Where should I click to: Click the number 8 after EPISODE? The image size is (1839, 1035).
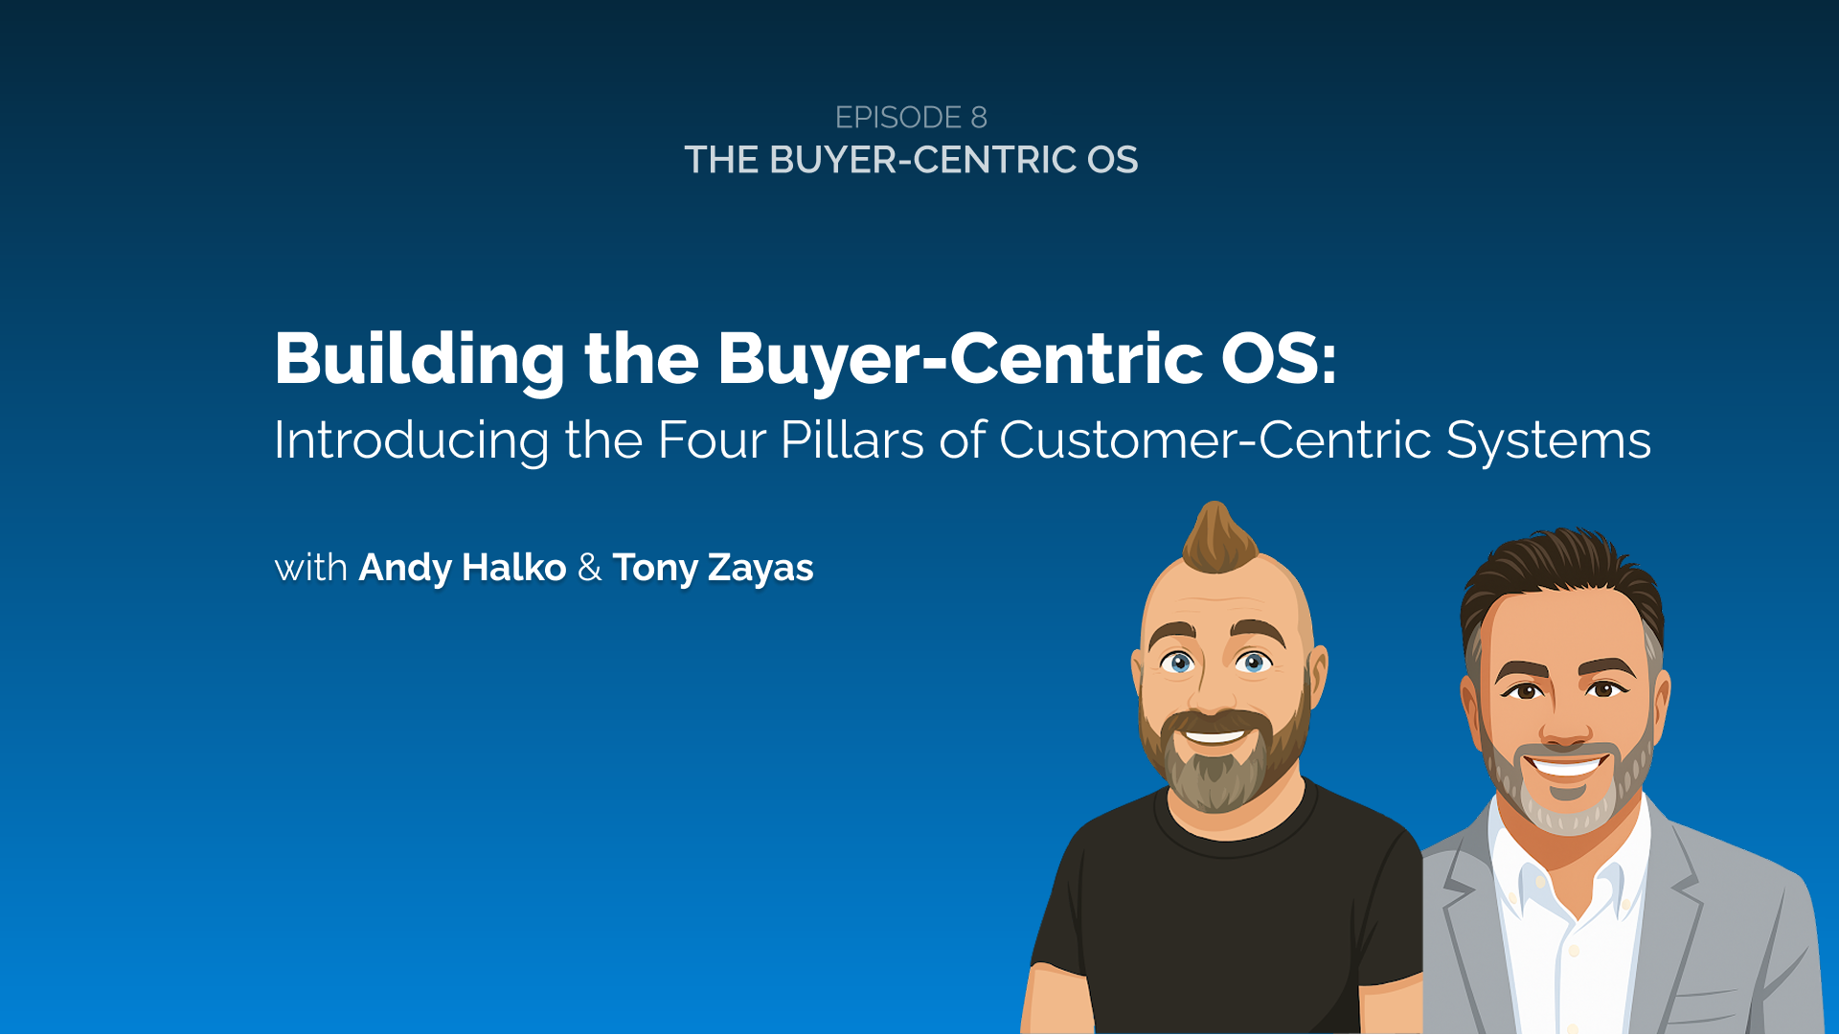[x=978, y=118]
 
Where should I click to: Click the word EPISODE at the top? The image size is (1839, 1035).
[x=897, y=118]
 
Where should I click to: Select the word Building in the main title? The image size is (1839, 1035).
[x=420, y=359]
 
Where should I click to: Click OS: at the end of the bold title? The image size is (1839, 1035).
[x=1279, y=359]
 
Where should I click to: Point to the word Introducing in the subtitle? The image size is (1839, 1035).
[x=411, y=440]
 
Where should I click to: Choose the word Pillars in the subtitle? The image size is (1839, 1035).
[x=852, y=440]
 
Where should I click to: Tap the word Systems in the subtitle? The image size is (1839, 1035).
[x=1548, y=440]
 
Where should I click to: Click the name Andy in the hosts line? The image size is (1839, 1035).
[x=404, y=568]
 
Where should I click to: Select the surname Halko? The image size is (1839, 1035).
[x=513, y=568]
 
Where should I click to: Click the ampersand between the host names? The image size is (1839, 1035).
[x=589, y=568]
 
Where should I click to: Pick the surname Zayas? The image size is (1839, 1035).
[x=761, y=569]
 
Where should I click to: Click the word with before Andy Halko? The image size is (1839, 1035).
[x=310, y=568]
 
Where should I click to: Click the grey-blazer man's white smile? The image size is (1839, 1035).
[x=1567, y=766]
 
